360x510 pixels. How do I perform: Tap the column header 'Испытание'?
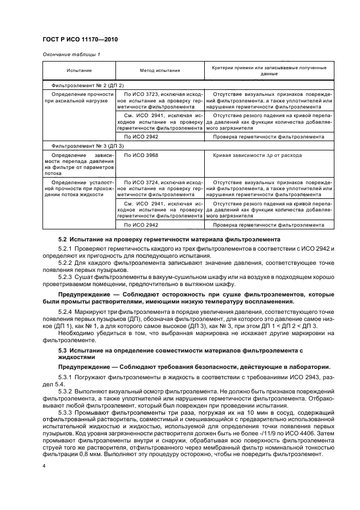coord(78,71)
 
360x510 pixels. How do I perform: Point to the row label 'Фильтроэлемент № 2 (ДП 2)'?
coord(87,86)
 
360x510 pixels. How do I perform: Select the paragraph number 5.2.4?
coord(66,310)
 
